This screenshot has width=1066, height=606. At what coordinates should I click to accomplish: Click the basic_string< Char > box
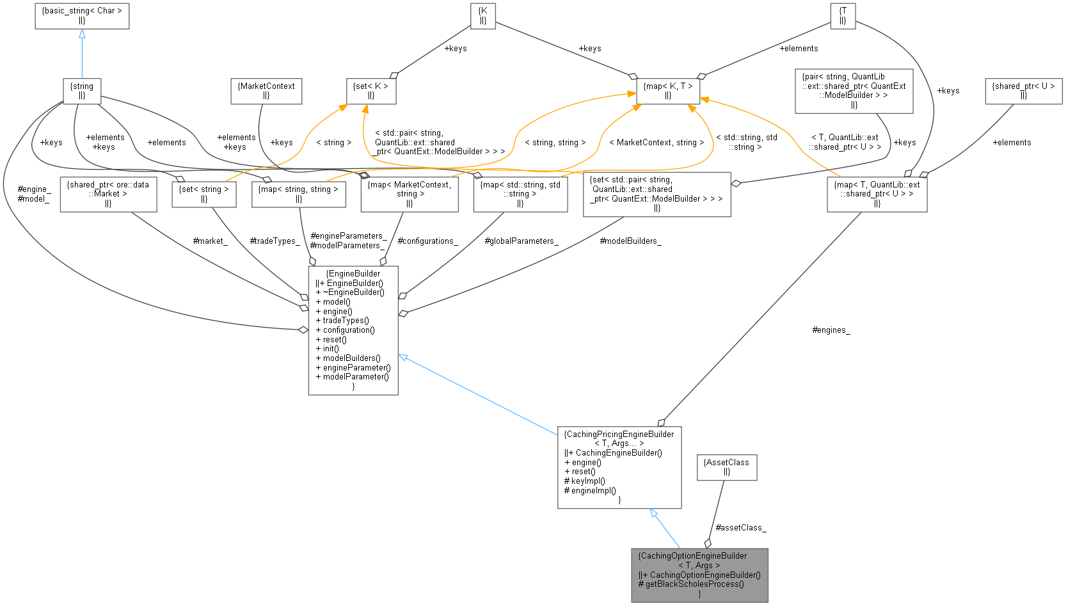click(82, 15)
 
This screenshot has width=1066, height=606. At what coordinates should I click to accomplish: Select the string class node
click(82, 90)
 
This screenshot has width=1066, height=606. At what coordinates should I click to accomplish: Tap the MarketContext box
click(266, 90)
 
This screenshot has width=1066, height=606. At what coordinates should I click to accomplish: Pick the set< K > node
click(371, 90)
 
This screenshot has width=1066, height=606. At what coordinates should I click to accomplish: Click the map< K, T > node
click(668, 90)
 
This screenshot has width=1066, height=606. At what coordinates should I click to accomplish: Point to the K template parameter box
click(482, 15)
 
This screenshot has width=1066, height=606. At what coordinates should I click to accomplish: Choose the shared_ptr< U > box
click(1023, 90)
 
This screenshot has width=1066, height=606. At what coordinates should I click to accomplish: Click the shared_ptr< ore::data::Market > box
click(108, 194)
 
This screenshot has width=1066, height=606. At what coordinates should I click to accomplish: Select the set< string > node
click(203, 194)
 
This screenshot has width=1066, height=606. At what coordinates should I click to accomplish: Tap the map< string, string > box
click(299, 194)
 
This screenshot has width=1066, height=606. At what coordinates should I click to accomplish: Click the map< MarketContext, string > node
click(410, 194)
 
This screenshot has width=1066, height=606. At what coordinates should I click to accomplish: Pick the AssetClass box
click(726, 466)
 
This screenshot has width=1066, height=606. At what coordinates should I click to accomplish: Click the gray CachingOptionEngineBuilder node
click(699, 575)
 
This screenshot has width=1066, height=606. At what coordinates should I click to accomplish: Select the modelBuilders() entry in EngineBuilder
click(351, 358)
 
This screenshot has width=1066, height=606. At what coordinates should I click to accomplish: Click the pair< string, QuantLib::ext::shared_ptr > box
click(854, 90)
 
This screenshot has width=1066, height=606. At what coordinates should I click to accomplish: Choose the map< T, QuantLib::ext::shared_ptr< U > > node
click(877, 194)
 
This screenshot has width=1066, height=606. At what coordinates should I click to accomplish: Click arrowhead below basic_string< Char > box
click(82, 34)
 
